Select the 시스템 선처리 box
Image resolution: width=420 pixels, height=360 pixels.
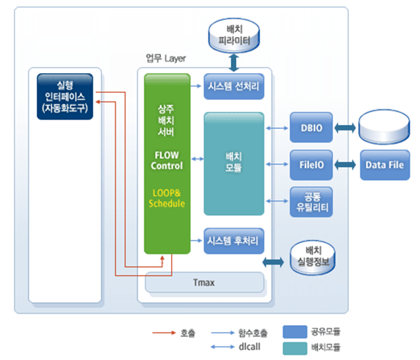click(234, 86)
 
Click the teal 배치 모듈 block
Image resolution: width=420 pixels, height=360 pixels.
click(233, 163)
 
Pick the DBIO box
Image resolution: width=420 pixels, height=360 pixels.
click(311, 128)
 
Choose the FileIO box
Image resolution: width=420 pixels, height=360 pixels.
click(311, 164)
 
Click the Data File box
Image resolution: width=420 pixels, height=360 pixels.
click(384, 164)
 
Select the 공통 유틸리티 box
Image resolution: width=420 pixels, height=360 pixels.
click(311, 201)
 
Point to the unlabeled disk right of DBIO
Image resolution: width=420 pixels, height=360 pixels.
click(384, 126)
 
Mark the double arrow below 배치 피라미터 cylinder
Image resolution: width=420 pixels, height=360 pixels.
click(234, 63)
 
